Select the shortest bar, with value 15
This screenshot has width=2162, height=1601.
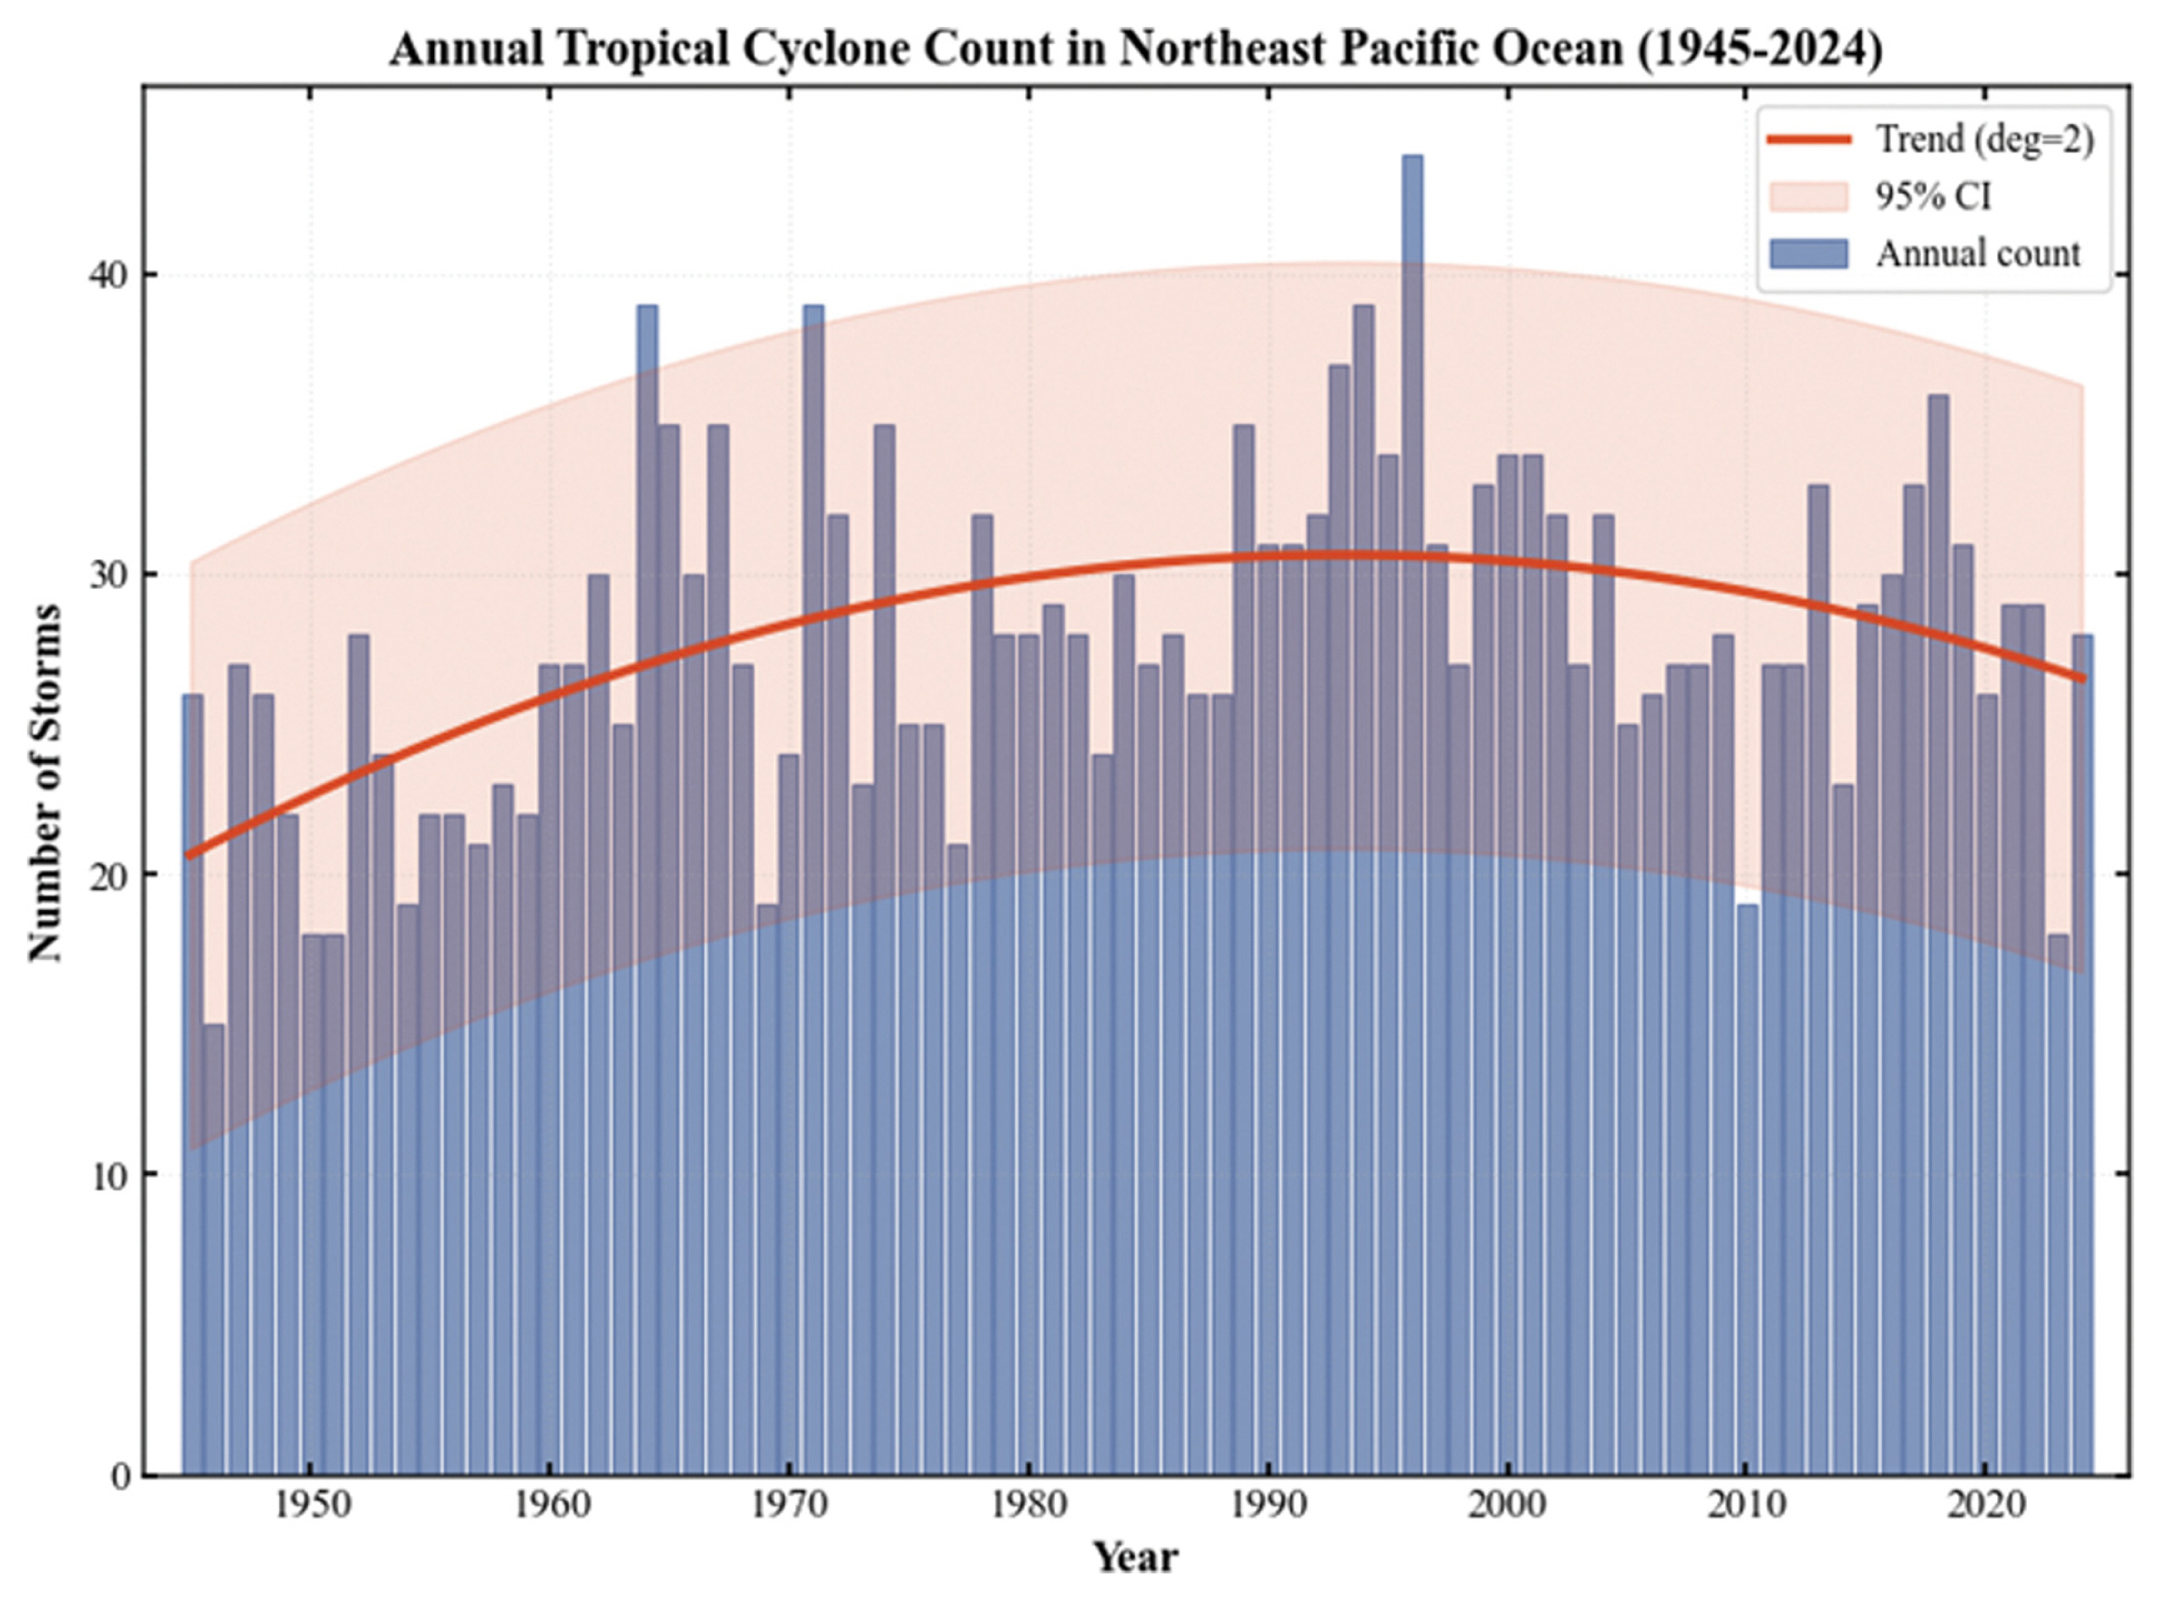click(x=214, y=1250)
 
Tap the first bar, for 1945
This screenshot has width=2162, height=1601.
click(x=191, y=1086)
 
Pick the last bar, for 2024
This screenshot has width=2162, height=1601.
click(x=2082, y=1057)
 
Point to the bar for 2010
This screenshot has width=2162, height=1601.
click(x=1747, y=1192)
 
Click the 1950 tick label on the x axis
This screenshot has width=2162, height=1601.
click(x=310, y=1506)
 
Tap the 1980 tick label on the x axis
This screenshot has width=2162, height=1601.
click(x=1029, y=1506)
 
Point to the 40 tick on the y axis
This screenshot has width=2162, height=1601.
click(x=109, y=275)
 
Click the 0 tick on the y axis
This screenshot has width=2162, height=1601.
click(x=120, y=1476)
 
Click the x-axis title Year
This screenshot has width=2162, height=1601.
click(x=1136, y=1558)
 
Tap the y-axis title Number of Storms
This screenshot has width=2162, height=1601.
click(x=46, y=783)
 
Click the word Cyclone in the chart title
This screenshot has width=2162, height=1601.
click(x=828, y=49)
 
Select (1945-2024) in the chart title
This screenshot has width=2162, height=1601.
click(x=1760, y=49)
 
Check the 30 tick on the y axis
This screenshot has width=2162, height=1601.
click(x=109, y=575)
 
